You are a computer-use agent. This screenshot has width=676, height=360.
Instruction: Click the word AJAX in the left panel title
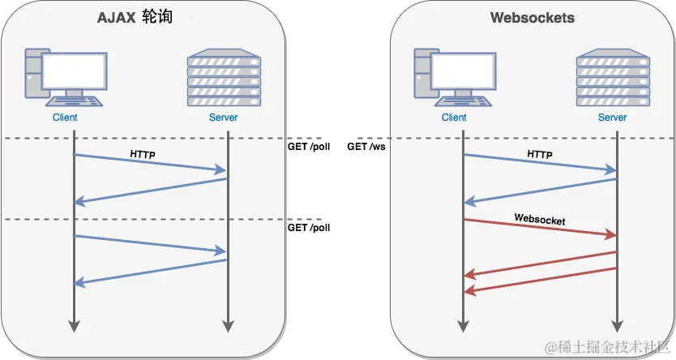click(x=117, y=18)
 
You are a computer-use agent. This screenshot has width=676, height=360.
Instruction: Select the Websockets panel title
click(x=532, y=18)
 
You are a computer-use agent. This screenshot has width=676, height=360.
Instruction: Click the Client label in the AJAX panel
click(x=64, y=118)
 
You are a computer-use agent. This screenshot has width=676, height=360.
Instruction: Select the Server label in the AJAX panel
click(x=224, y=118)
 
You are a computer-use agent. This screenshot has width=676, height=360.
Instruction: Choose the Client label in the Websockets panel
click(x=454, y=118)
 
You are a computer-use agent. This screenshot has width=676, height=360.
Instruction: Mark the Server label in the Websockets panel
click(x=613, y=118)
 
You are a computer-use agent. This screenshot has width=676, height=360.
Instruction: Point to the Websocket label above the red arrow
click(x=539, y=220)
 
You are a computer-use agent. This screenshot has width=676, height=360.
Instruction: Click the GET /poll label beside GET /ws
click(x=309, y=148)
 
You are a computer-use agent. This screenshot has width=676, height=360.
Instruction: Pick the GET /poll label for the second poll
click(x=309, y=228)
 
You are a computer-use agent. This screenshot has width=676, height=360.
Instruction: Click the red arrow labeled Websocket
click(x=539, y=228)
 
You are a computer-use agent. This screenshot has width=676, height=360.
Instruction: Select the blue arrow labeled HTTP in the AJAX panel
click(x=150, y=163)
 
